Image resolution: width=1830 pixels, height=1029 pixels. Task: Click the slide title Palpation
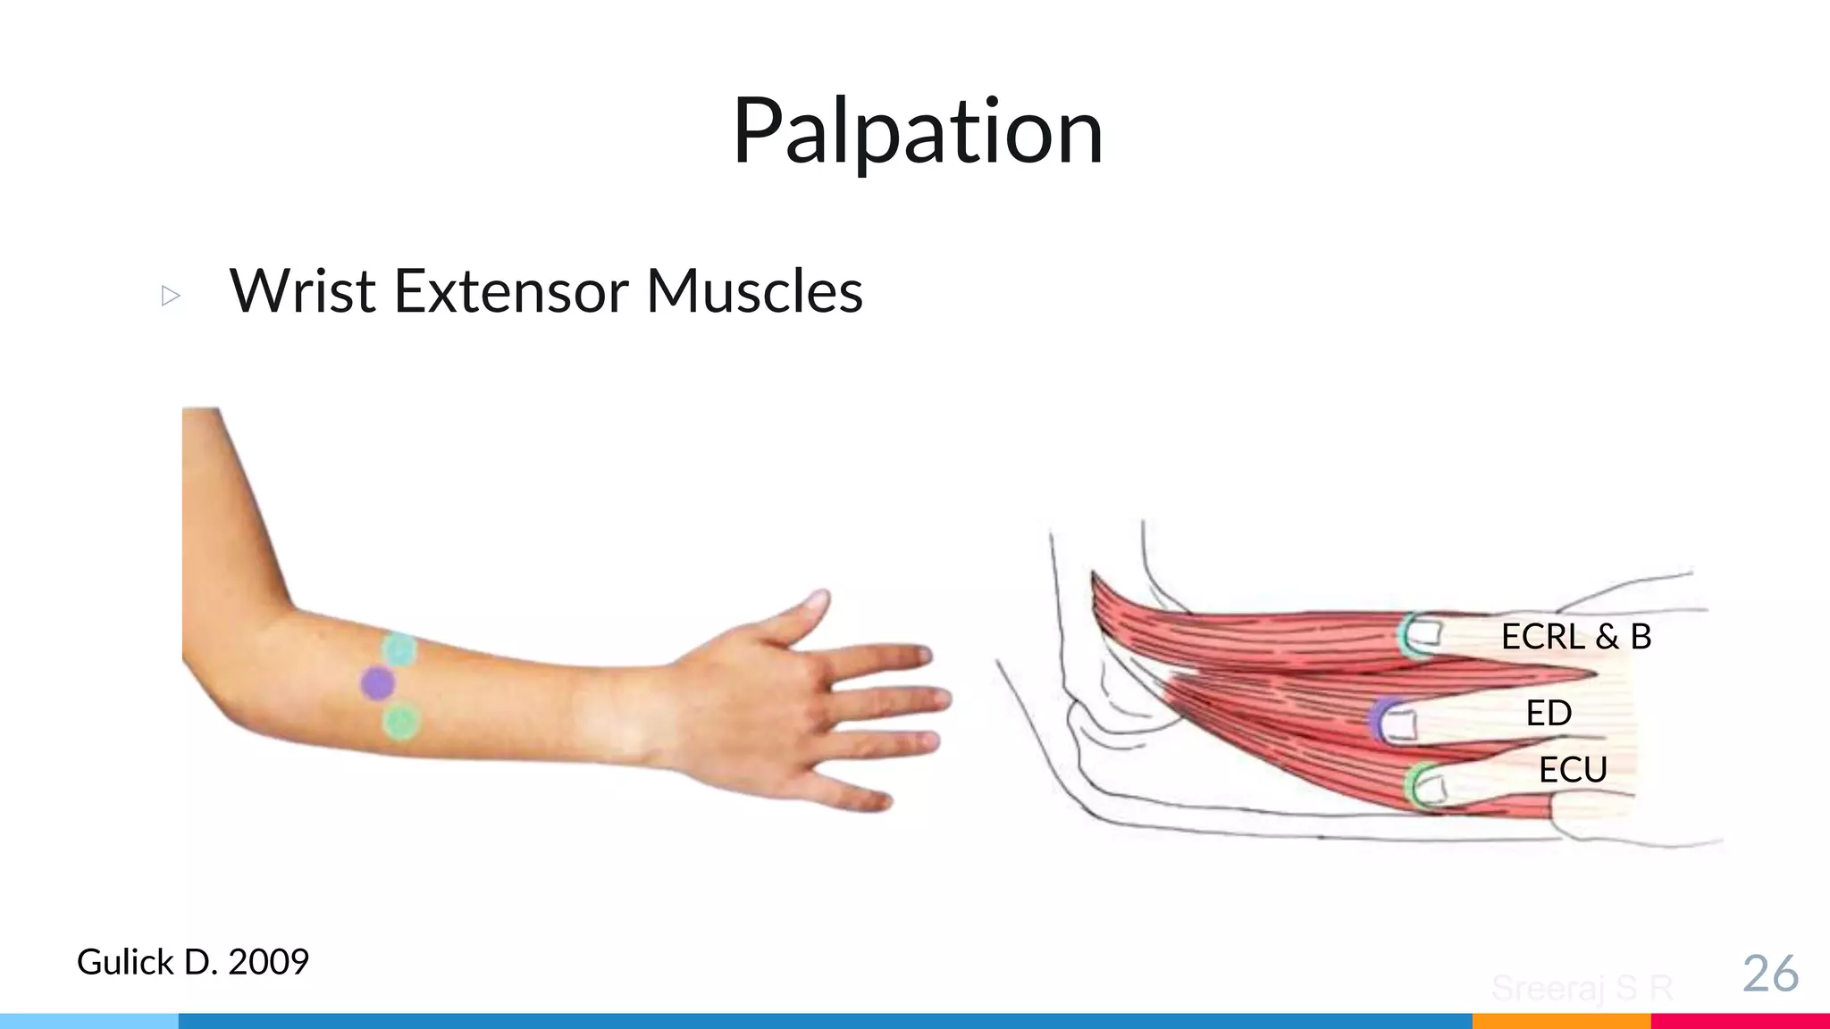[x=918, y=132]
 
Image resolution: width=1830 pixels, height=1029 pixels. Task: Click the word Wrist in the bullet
[x=303, y=291]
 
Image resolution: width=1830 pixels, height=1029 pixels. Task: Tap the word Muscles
[x=754, y=291]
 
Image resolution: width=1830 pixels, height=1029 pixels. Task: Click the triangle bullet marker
[x=171, y=296]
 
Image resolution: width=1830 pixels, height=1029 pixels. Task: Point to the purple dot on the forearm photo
[x=377, y=683]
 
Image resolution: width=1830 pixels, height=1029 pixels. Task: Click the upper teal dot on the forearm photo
[x=399, y=649]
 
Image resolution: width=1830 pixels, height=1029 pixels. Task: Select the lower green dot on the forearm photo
[x=401, y=721]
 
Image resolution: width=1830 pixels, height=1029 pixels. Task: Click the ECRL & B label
[x=1575, y=637]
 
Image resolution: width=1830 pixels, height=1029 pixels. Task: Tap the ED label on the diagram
[x=1549, y=713]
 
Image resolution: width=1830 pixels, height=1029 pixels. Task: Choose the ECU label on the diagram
[x=1573, y=769]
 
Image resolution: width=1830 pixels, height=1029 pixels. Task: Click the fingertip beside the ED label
[x=1399, y=722]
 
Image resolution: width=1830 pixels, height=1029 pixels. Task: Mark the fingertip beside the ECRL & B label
[x=1423, y=635]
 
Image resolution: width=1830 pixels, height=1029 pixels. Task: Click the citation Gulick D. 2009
[x=193, y=962]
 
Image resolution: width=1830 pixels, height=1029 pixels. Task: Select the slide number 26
[x=1770, y=974]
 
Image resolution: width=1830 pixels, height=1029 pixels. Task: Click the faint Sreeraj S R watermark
[x=1582, y=988]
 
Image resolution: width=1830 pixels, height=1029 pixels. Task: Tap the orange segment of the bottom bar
[x=1561, y=1021]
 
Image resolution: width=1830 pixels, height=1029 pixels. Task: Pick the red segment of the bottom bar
[x=1740, y=1021]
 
